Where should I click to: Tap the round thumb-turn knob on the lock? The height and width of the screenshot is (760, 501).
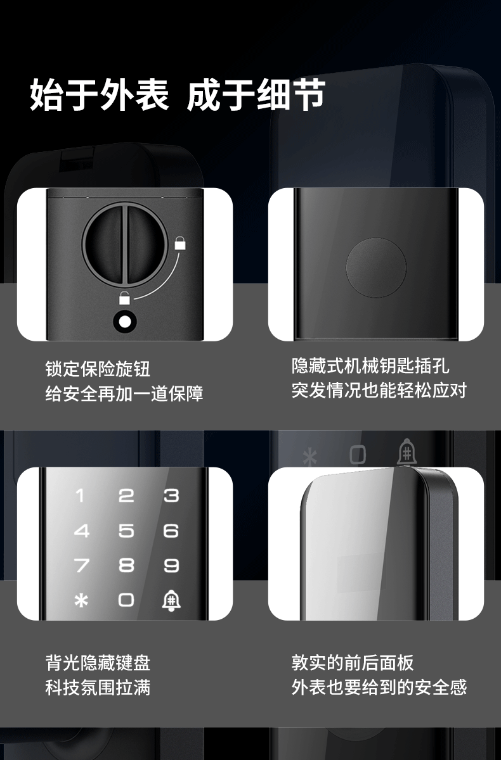point(126,244)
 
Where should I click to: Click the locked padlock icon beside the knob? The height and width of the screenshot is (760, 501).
point(180,243)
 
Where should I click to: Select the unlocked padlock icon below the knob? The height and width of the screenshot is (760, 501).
point(125,298)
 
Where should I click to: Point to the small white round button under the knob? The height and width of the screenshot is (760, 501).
point(125,322)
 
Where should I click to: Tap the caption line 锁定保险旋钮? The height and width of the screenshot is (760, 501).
point(98,369)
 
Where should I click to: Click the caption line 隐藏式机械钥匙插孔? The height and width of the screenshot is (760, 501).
point(370,366)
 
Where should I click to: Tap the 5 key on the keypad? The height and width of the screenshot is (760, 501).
point(126,531)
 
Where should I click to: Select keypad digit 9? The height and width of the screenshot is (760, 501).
point(171,566)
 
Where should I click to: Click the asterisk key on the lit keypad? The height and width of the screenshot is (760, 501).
point(81,601)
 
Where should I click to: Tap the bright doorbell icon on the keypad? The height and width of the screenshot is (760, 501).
point(171,601)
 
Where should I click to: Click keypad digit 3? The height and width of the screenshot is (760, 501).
point(171,495)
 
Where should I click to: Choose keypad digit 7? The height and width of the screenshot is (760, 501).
point(82,566)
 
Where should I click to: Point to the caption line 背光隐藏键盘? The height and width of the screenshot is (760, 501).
point(98,663)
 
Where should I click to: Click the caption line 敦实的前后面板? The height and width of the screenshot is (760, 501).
point(353,663)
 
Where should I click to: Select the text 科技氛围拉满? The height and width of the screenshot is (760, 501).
point(98,687)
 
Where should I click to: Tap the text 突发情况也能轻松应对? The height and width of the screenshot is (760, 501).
point(379,390)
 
